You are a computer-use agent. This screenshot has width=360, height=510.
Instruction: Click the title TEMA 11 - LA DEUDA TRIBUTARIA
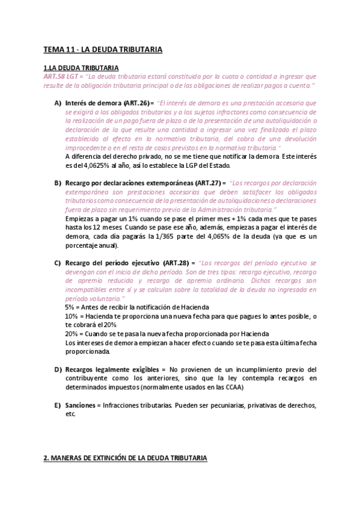[x=103, y=49]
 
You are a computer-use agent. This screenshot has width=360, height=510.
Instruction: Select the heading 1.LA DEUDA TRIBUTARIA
[x=81, y=68]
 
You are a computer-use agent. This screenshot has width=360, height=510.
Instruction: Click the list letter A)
[x=58, y=103]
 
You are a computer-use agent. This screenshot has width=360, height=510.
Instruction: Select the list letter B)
[x=58, y=182]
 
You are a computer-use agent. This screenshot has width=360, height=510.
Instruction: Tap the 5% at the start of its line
[x=70, y=307]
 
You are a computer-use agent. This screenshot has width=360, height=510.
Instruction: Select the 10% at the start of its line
[x=71, y=316]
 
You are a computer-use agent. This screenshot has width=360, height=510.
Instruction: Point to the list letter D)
[x=58, y=369]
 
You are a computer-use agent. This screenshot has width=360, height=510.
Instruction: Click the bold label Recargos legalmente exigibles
[x=111, y=369]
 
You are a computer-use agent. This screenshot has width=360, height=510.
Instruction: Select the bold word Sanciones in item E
[x=81, y=405]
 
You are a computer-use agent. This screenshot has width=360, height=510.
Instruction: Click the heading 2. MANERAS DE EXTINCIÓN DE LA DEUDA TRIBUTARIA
[x=125, y=458]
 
